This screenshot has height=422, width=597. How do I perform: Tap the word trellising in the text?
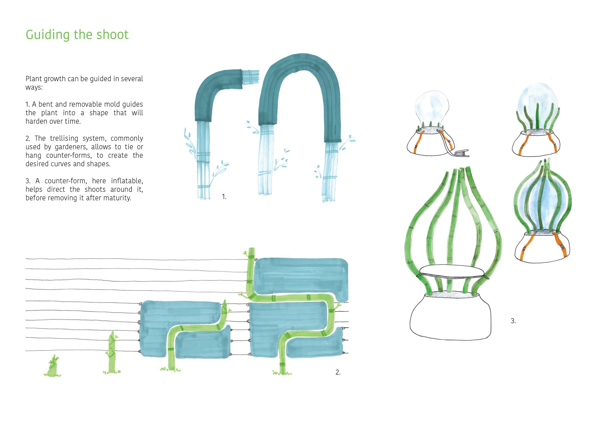pyautogui.click(x=64, y=138)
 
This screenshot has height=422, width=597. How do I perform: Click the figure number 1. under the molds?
pyautogui.click(x=224, y=197)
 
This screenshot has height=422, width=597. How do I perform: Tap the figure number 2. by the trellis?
pyautogui.click(x=338, y=372)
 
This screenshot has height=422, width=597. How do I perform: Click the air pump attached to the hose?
pyautogui.click(x=462, y=153)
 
